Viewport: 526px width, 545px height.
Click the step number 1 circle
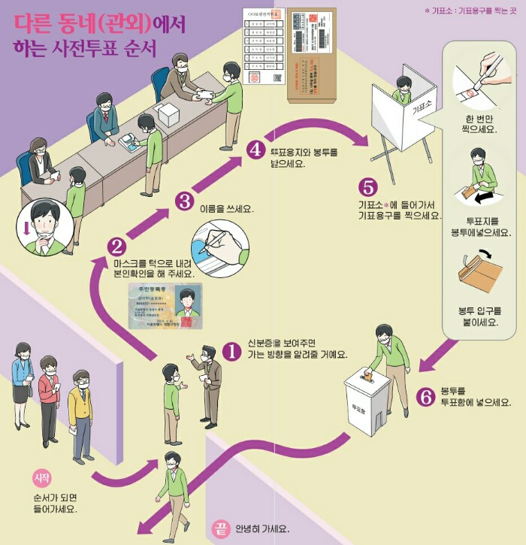click(234, 350)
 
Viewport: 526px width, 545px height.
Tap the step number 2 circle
click(116, 246)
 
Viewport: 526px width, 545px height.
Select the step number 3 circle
click(186, 201)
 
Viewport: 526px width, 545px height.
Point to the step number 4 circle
click(255, 150)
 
